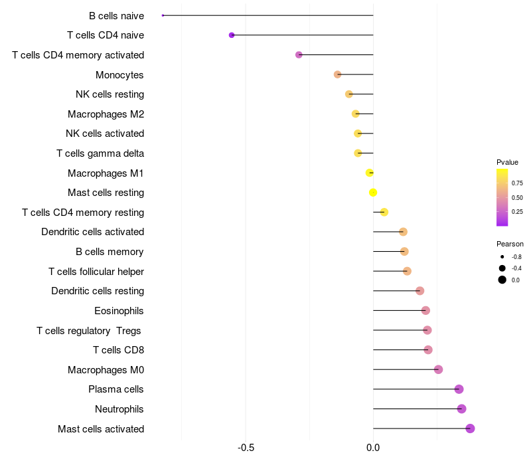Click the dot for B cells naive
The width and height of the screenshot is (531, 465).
coord(163,15)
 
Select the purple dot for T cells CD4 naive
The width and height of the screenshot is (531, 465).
coord(232,35)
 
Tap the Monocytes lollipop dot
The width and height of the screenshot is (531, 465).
coord(337,74)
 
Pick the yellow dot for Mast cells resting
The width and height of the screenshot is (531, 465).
coord(373,193)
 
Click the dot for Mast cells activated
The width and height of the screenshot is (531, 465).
coord(470,428)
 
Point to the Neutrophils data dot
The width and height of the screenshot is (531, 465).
coord(461,409)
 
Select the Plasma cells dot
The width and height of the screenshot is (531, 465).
coord(459,389)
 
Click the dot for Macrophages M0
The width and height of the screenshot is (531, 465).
coord(438,369)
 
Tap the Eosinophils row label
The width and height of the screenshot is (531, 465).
coord(119,311)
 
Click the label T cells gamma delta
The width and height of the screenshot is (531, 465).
coord(100,153)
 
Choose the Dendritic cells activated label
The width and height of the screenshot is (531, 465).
coord(93,232)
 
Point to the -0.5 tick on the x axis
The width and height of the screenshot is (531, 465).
coord(246,448)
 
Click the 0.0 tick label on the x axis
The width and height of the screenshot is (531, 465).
coord(373,448)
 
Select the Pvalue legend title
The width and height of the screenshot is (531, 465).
coord(507,162)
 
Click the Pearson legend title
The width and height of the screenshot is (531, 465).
coord(510,244)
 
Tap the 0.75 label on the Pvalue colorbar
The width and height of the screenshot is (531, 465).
coord(517,183)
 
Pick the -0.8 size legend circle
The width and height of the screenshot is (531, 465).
coord(502,257)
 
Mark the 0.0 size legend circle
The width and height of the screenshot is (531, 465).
coord(502,280)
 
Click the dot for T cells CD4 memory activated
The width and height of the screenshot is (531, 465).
coord(299,54)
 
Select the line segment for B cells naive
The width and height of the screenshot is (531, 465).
coord(268,15)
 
